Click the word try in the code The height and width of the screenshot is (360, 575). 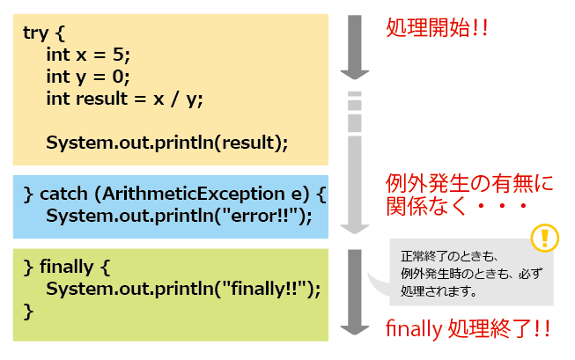[35, 33]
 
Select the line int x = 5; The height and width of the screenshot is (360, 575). [88, 55]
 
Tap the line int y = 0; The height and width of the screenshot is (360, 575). [88, 77]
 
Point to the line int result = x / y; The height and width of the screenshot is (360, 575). [124, 99]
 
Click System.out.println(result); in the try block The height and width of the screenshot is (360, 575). [167, 143]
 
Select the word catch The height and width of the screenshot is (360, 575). [63, 194]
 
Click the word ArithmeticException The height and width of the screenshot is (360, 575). [193, 194]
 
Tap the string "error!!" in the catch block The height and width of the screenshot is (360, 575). [263, 216]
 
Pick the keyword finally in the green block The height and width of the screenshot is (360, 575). [66, 267]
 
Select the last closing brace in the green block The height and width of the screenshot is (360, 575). [28, 312]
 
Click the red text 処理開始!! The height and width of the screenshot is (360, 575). [437, 27]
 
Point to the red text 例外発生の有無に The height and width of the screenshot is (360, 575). [469, 183]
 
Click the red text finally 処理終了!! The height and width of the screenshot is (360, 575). [468, 328]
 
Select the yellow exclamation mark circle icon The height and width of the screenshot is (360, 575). [544, 238]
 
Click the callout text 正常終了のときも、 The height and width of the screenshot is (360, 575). [450, 256]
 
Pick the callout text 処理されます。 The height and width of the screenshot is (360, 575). [439, 290]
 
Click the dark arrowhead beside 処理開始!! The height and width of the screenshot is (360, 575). [355, 75]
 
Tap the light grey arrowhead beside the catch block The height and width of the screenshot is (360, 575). [355, 229]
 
